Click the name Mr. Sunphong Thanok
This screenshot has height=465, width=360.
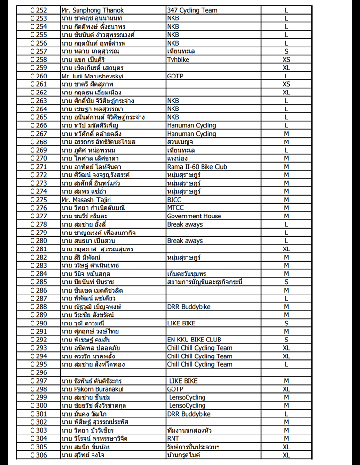pyautogui.click(x=92, y=10)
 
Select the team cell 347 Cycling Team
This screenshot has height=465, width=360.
pyautogui.click(x=192, y=10)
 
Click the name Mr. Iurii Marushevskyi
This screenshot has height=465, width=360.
pyautogui.click(x=92, y=76)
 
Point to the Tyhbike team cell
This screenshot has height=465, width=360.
pyautogui.click(x=178, y=60)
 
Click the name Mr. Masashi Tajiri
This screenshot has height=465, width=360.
pyautogui.click(x=86, y=200)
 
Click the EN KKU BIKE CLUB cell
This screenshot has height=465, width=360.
pyautogui.click(x=194, y=340)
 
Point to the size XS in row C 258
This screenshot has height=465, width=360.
pyautogui.click(x=286, y=60)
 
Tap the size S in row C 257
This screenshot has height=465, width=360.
pyautogui.click(x=286, y=51)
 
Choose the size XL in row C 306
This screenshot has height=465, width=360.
pyautogui.click(x=286, y=455)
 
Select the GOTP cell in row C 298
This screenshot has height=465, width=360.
pyautogui.click(x=175, y=389)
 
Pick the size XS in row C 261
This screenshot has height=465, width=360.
pyautogui.click(x=286, y=84)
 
